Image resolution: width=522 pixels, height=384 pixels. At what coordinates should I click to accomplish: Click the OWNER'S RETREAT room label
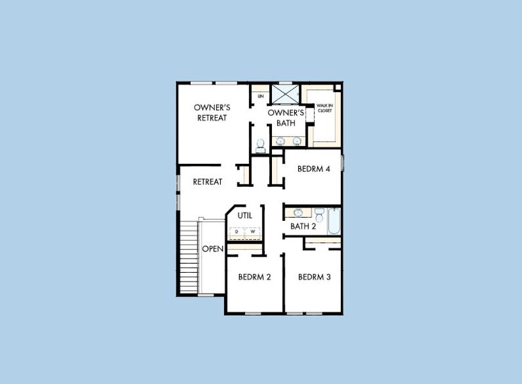click(x=212, y=113)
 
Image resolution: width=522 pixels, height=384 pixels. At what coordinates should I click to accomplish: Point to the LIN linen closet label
click(x=260, y=96)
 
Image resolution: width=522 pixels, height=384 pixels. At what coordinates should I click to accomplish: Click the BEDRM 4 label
click(x=313, y=169)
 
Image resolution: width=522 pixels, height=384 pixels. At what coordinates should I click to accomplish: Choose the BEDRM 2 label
click(x=255, y=277)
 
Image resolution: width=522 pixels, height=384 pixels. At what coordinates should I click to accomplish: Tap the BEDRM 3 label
click(x=314, y=277)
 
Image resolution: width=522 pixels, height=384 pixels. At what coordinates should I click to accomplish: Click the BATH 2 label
click(x=303, y=226)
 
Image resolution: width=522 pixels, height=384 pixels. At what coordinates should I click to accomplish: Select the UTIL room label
click(x=244, y=216)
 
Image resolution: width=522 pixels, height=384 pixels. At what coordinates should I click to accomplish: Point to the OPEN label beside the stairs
click(x=212, y=248)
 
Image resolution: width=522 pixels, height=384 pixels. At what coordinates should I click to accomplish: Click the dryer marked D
click(x=236, y=232)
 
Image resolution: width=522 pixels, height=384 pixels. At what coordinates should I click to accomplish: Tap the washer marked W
click(x=253, y=232)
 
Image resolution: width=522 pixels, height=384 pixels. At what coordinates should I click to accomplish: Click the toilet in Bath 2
click(x=318, y=212)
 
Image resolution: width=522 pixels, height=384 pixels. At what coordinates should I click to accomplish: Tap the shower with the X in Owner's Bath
click(x=285, y=93)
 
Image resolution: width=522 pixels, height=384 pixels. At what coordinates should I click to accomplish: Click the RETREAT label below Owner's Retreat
click(x=208, y=182)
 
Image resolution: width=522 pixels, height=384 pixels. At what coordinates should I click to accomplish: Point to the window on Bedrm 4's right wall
click(x=342, y=163)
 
